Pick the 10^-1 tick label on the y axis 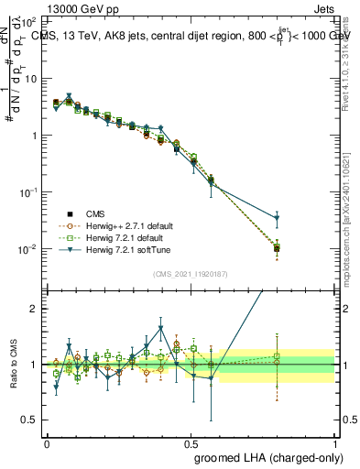point(29,192)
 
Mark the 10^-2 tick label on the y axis point(29,249)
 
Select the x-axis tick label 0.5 point(191,442)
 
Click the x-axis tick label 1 point(335,442)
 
